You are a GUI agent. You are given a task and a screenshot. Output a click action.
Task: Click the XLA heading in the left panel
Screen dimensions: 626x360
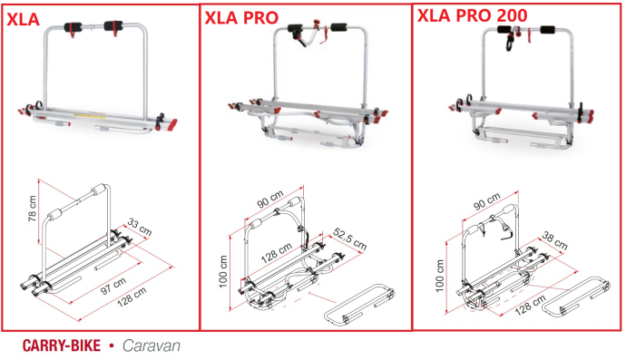pyautogui.click(x=24, y=19)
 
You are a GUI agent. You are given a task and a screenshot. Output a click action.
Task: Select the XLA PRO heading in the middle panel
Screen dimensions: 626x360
pyautogui.click(x=241, y=18)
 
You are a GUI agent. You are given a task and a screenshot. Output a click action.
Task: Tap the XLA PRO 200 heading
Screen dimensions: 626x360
pyautogui.click(x=473, y=15)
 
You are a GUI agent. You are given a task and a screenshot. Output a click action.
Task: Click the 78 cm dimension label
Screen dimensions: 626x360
pyautogui.click(x=33, y=209)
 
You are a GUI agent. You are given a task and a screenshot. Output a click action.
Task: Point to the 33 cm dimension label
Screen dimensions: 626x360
pyautogui.click(x=140, y=227)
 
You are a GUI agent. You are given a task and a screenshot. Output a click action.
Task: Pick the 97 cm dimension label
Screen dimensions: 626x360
pyautogui.click(x=113, y=287)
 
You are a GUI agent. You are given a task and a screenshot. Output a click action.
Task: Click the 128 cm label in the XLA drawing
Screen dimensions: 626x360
pyautogui.click(x=132, y=297)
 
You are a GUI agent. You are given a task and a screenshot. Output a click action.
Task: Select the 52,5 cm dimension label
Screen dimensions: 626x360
pyautogui.click(x=349, y=239)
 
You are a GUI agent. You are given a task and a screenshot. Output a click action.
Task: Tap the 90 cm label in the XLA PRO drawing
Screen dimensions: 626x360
pyautogui.click(x=270, y=199)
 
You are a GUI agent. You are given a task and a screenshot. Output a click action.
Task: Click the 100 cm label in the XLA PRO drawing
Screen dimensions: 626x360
pyautogui.click(x=223, y=271)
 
